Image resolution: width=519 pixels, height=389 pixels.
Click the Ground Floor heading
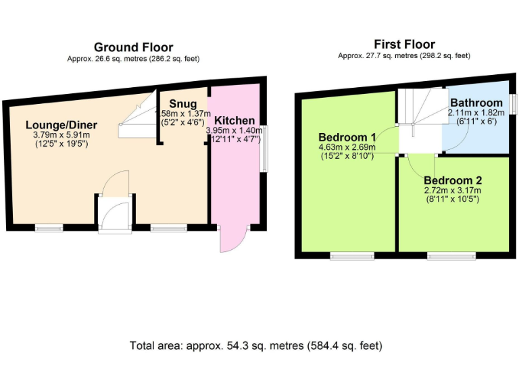point(133,47)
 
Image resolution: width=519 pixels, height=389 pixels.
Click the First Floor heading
point(404,45)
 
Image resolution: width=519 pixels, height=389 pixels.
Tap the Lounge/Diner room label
point(61,125)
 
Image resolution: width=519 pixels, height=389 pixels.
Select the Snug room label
point(182,103)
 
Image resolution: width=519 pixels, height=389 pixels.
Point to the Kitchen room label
point(234,120)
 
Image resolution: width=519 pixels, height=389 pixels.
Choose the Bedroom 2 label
point(452,180)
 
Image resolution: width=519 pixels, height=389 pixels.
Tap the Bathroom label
point(476,103)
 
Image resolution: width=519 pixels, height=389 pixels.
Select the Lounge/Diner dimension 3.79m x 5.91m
point(61,135)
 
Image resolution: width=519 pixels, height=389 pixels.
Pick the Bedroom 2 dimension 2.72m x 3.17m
point(452,190)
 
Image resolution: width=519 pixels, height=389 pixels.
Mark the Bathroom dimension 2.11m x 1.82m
point(476,113)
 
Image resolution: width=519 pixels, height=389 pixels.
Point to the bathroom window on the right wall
point(513,103)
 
